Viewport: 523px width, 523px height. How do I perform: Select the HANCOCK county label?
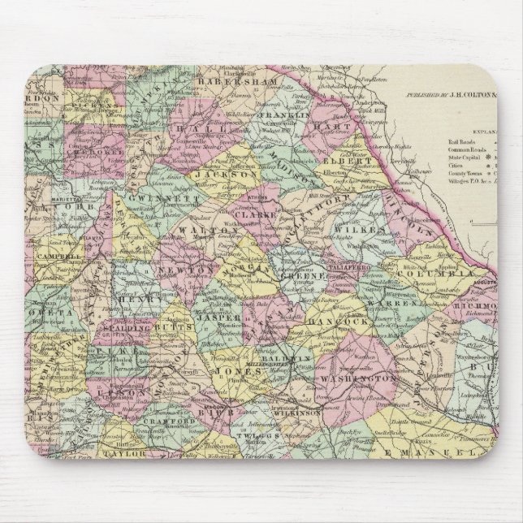[x=329, y=322]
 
